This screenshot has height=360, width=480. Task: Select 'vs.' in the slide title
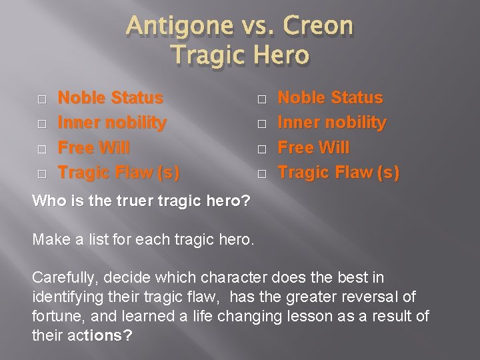click(x=253, y=27)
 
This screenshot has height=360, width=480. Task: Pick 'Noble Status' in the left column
click(x=111, y=98)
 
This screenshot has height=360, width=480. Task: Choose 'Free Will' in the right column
click(x=313, y=147)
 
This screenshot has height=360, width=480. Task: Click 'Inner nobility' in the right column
click(x=332, y=123)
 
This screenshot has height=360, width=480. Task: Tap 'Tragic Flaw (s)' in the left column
click(x=119, y=173)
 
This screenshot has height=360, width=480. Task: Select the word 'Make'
click(x=50, y=239)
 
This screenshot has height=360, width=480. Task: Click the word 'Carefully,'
click(x=63, y=277)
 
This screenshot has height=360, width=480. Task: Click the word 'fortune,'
click(x=57, y=315)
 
